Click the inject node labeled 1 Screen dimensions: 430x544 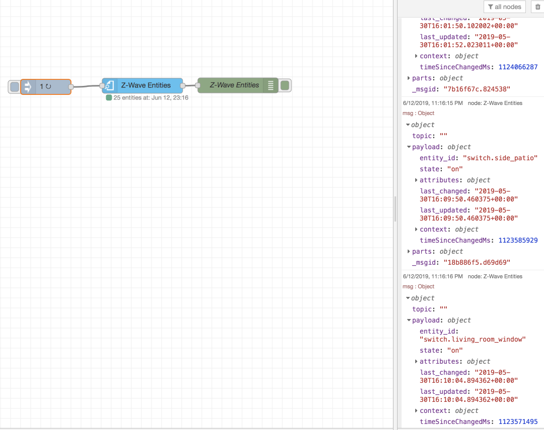[46, 86]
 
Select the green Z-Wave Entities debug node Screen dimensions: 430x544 [234, 85]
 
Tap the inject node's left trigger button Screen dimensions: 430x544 [15, 87]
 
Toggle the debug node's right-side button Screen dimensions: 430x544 [285, 85]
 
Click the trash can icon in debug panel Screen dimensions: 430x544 [537, 7]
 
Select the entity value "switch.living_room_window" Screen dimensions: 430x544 [473, 339]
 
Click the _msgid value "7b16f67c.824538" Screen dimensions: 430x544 [477, 89]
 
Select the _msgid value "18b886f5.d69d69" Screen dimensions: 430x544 [477, 262]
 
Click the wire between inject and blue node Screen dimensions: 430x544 [87, 86]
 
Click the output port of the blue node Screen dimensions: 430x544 [183, 85]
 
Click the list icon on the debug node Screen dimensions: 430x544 [270, 85]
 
